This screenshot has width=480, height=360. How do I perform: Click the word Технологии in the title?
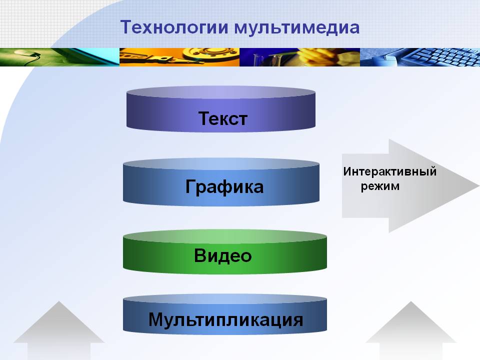(174, 27)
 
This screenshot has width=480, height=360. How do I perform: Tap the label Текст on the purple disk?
(222, 118)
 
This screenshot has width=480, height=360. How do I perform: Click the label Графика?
(224, 187)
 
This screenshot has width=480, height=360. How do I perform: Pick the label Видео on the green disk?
(223, 255)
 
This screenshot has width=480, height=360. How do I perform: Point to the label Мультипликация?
(225, 319)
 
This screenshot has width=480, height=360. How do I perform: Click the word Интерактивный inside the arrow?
(389, 171)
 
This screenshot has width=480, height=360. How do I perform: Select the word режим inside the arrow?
(380, 186)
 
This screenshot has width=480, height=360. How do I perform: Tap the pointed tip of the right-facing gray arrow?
(479, 185)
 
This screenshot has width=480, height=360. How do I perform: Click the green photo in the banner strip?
(59, 57)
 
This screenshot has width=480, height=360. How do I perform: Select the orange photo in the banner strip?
(179, 57)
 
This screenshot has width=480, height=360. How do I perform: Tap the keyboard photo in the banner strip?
(420, 57)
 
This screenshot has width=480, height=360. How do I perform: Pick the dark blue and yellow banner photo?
(299, 57)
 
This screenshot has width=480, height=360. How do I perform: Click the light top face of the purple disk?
(221, 92)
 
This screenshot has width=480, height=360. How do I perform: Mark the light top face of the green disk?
(225, 236)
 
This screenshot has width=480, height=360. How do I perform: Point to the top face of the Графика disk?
(221, 164)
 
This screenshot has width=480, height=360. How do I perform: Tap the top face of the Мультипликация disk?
(225, 299)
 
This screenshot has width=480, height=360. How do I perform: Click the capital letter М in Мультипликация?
(156, 319)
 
